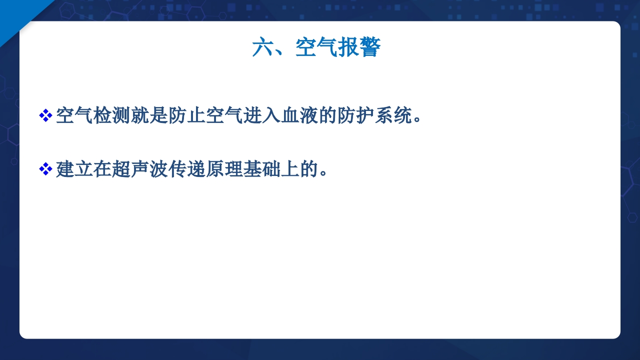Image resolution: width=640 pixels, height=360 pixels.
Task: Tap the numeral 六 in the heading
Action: click(262, 48)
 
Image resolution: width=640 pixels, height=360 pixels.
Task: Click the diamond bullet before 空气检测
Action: click(45, 116)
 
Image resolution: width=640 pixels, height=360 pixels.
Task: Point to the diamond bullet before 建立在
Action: click(45, 169)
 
